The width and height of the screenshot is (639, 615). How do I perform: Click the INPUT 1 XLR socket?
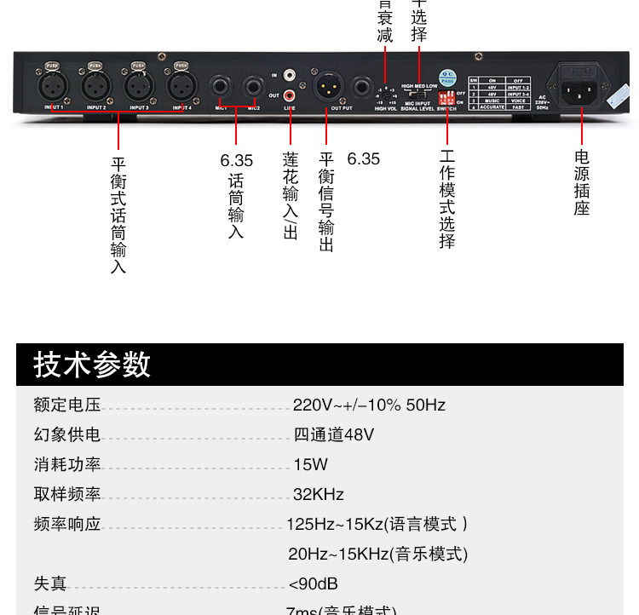tap(52, 85)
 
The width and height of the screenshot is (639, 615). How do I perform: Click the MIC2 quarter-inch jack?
tap(253, 87)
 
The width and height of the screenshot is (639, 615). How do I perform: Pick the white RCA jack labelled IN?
tap(291, 76)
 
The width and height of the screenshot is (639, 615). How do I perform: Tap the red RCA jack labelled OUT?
tap(291, 95)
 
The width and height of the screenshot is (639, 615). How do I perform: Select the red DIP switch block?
tap(446, 99)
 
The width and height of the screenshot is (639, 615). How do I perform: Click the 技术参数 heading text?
tap(92, 365)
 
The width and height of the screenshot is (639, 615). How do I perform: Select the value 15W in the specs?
tap(310, 465)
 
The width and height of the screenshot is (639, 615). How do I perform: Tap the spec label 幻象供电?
tap(67, 435)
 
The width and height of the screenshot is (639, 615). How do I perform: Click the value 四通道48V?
tap(333, 435)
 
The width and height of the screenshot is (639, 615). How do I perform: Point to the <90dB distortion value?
tap(314, 584)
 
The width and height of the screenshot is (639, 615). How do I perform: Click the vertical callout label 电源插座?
tap(582, 182)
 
